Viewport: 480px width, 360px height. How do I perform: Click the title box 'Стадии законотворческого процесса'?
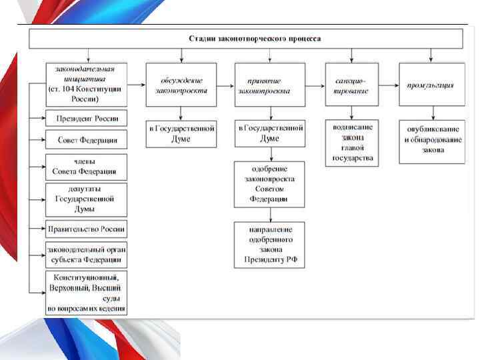(x=245, y=39)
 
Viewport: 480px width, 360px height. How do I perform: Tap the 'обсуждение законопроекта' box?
(x=181, y=85)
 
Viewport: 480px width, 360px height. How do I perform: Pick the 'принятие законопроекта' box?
(x=270, y=85)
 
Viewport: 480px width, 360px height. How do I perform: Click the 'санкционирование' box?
(x=352, y=85)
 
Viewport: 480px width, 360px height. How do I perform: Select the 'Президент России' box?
(x=87, y=119)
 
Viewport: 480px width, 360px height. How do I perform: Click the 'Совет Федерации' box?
(x=87, y=140)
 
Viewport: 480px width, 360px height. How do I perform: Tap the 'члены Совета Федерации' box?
(x=87, y=166)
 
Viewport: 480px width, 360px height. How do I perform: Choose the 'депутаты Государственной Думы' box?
(x=87, y=199)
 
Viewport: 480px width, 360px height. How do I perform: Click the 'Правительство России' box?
(x=87, y=229)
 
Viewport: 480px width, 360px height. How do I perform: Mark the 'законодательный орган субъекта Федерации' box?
(x=87, y=254)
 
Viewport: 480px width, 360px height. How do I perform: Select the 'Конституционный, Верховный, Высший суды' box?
(x=87, y=292)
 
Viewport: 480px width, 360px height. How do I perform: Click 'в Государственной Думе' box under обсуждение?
(x=181, y=133)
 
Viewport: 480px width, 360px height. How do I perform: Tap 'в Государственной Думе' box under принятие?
(x=270, y=133)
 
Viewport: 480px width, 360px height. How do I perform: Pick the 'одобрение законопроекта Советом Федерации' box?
(x=270, y=184)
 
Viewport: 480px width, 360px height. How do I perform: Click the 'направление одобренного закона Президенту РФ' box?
(x=270, y=245)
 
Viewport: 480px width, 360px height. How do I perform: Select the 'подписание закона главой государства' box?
(x=352, y=142)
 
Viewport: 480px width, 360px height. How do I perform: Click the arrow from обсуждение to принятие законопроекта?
(x=225, y=85)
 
